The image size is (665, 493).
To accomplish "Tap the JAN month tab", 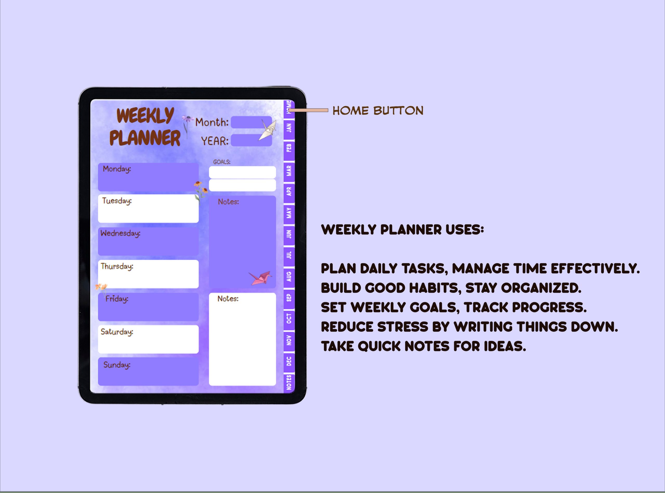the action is pyautogui.click(x=289, y=128).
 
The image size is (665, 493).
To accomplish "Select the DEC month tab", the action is pyautogui.click(x=289, y=361).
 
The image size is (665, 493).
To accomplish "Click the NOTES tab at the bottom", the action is pyautogui.click(x=289, y=382).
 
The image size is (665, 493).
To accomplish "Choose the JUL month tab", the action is pyautogui.click(x=289, y=255).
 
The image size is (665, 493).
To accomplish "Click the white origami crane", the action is pyautogui.click(x=268, y=129).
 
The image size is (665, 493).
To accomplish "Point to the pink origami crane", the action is pyautogui.click(x=260, y=278).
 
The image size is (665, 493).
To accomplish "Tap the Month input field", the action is pyautogui.click(x=251, y=122).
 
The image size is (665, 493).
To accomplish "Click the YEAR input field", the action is pyautogui.click(x=251, y=140).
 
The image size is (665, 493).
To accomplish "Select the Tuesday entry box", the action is pyautogui.click(x=148, y=209).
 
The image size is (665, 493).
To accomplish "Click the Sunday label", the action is pyautogui.click(x=117, y=365).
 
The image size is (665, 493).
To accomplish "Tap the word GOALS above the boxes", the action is pyautogui.click(x=222, y=162).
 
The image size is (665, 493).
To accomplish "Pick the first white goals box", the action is pyautogui.click(x=242, y=172).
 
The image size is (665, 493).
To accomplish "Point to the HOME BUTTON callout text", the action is pyautogui.click(x=378, y=111).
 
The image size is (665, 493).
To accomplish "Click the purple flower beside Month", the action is pyautogui.click(x=187, y=119).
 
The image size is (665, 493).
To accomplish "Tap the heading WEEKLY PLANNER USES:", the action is pyautogui.click(x=402, y=230).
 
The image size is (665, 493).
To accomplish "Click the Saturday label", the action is pyautogui.click(x=117, y=332).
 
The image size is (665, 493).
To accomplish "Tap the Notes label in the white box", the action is pyautogui.click(x=228, y=299).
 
